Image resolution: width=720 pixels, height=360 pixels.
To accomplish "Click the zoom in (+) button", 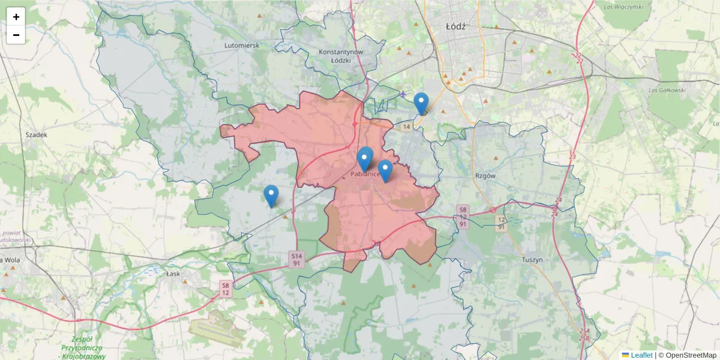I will coord(16,17).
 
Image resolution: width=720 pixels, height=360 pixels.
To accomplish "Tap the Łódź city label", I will coord(456,27).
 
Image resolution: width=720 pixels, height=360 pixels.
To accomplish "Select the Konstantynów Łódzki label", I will coord(341,56).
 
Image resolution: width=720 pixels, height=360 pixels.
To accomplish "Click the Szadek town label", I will coord(36,135).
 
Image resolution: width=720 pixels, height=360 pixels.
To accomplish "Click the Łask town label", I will coord(174,274).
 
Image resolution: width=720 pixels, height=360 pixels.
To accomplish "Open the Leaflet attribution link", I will coord(641,355).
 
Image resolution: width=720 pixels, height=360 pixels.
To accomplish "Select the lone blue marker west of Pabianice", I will coord(271,196).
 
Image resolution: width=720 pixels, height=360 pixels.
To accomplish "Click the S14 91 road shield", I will coord(296,259).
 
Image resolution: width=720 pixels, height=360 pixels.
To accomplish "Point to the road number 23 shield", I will coord(572,157).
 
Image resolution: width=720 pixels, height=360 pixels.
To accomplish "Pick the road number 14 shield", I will coord(407,127).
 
